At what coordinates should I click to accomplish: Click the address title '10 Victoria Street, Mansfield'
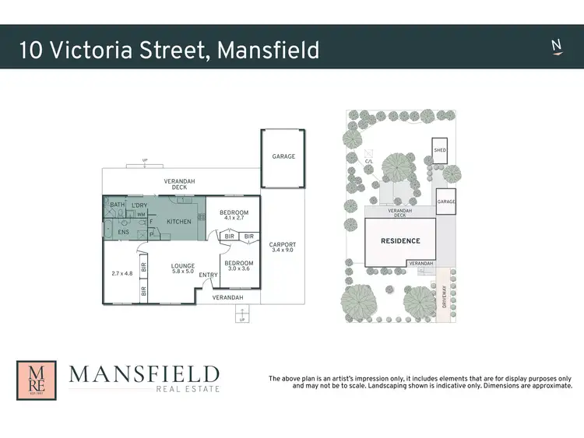coord(169,50)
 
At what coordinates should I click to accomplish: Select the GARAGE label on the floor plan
coord(283,156)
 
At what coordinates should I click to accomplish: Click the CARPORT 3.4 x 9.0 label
coord(283,247)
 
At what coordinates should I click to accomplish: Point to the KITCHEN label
coord(179,222)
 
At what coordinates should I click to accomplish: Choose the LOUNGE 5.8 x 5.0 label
coord(183,269)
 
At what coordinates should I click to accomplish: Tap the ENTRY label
coord(208,275)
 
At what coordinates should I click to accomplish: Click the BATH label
coord(117,205)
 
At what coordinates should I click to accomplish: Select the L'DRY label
coord(139,205)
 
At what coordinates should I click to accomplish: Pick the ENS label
coord(123,232)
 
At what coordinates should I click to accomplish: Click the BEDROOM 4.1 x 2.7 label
coord(234,215)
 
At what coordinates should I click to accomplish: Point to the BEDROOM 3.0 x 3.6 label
coord(239,266)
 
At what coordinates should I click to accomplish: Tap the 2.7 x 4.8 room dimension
coord(123,273)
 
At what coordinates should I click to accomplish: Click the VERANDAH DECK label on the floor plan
coord(179,184)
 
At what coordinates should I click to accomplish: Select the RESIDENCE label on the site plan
coord(399,241)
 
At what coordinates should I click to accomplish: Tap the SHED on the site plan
coord(440,151)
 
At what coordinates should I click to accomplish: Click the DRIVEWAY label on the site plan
coord(445,296)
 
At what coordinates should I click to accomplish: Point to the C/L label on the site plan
coord(369,162)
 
